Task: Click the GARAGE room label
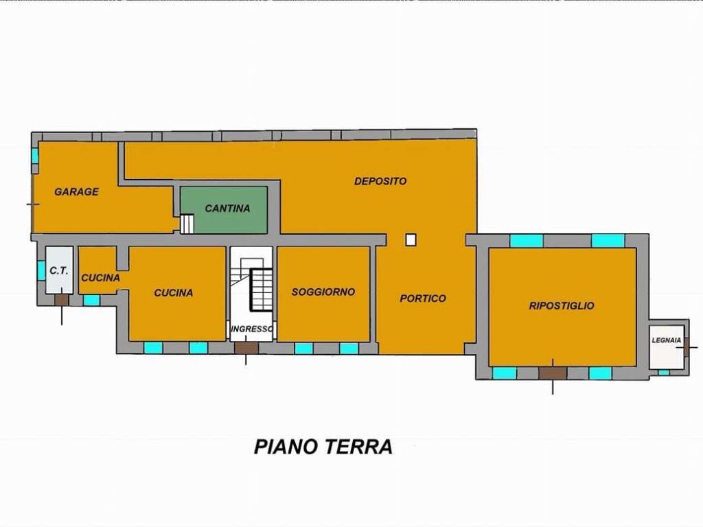[77, 192]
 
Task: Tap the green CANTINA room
[227, 209]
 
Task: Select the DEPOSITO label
[380, 181]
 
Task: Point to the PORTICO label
[423, 298]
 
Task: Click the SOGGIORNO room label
[323, 292]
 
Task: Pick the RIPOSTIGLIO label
[562, 306]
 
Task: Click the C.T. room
[59, 271]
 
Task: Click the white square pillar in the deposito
[411, 239]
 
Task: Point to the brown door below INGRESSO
[246, 348]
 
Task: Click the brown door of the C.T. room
[62, 300]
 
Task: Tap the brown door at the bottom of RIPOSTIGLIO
[553, 373]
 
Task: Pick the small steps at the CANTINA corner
[187, 224]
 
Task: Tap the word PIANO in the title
[284, 447]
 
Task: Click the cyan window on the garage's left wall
[34, 156]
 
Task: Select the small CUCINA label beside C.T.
[100, 278]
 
